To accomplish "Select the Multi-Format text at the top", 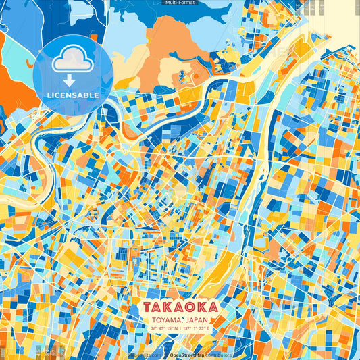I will tap(180, 3).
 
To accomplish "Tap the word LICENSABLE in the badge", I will tap(72, 95).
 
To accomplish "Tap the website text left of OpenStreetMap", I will tap(145, 355).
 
